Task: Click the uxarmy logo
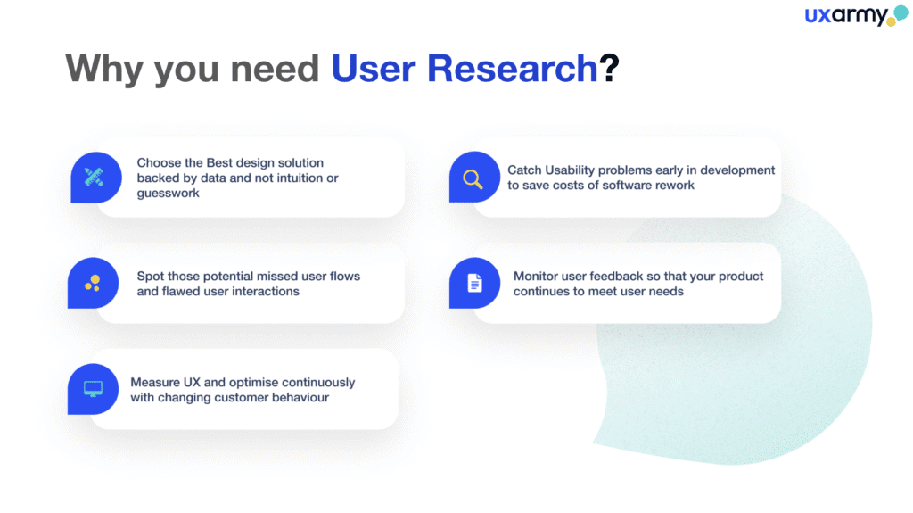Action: (x=856, y=16)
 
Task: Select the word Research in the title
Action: (x=513, y=68)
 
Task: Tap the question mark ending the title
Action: (x=609, y=68)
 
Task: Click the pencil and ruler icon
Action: (x=94, y=178)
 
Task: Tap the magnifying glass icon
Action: (x=473, y=179)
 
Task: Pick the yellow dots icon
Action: (x=93, y=284)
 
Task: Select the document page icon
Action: (x=474, y=283)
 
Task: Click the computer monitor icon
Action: (x=93, y=389)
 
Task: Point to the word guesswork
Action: (x=169, y=194)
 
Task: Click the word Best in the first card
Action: (x=219, y=162)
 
